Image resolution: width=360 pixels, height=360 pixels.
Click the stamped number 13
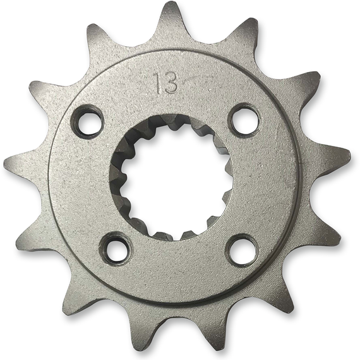click(167, 83)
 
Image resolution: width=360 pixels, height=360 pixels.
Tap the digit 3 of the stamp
click(171, 83)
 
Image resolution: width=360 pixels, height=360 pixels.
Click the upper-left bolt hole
click(88, 122)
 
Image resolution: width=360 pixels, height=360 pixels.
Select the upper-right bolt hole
click(244, 119)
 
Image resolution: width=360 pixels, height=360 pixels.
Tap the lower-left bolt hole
click(117, 249)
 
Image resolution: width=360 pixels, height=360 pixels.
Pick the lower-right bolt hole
click(243, 251)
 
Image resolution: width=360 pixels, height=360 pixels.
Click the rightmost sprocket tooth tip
click(350, 154)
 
